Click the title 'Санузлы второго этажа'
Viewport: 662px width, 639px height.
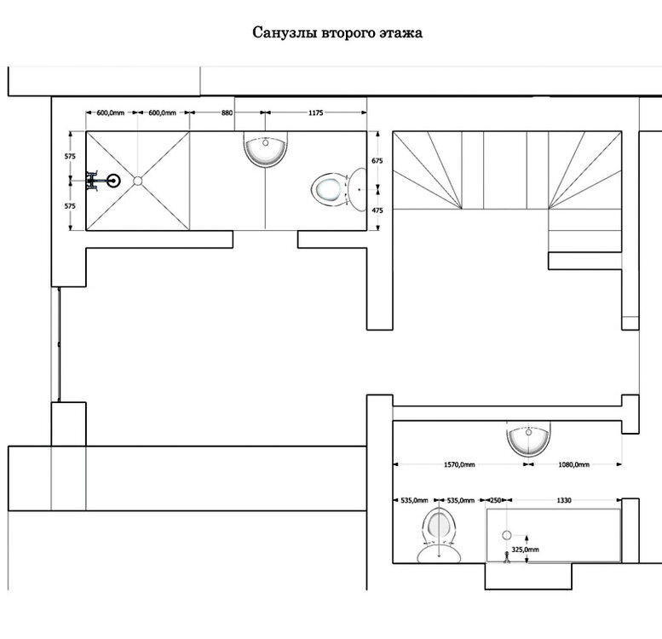(x=337, y=33)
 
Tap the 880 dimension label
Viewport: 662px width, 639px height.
(x=227, y=112)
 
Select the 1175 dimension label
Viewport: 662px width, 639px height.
(x=316, y=112)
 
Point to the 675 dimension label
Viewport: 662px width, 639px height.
(x=377, y=160)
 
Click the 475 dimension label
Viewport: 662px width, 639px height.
(x=377, y=210)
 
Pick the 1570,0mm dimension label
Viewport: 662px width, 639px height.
(x=459, y=464)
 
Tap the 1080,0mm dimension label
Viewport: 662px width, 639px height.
(x=573, y=464)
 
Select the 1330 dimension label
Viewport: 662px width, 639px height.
(x=564, y=500)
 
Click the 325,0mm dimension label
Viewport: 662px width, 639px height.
(x=525, y=550)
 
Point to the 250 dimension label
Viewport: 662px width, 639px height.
(x=495, y=500)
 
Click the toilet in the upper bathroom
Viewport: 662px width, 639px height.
(x=339, y=190)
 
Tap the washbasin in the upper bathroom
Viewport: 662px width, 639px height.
(x=266, y=149)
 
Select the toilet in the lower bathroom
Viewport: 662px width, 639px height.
(x=439, y=535)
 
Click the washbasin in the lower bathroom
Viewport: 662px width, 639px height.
(x=528, y=439)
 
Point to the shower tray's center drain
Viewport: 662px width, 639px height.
(x=138, y=181)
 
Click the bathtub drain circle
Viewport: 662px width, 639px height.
(x=507, y=535)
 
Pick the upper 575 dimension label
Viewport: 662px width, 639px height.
(x=70, y=156)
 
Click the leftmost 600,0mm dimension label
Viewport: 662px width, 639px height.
(x=111, y=112)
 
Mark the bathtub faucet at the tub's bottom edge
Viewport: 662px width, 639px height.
(x=507, y=557)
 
